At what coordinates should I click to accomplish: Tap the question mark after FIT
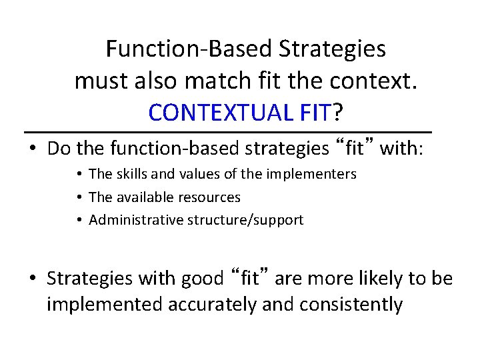point(337,113)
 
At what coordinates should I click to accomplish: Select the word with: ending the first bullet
point(401,148)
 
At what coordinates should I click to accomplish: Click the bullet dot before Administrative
point(79,220)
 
